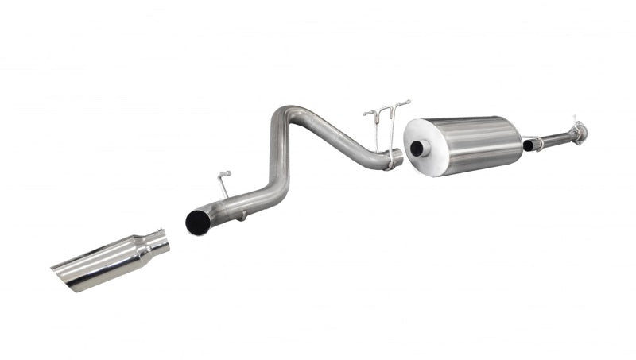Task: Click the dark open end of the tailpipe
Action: [x=196, y=223]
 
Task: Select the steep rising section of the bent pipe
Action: [x=277, y=155]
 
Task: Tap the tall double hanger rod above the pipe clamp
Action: [x=388, y=119]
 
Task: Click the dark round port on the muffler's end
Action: [x=415, y=149]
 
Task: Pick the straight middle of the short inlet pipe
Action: [x=556, y=138]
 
